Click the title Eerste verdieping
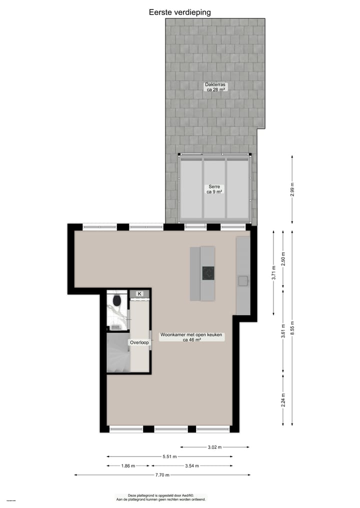(180, 12)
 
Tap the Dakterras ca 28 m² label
(216, 87)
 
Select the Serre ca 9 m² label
(214, 189)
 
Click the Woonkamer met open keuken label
(192, 337)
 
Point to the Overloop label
(139, 343)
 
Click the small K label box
(139, 294)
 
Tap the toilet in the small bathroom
(117, 300)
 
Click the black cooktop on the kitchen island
(208, 273)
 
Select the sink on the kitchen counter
(243, 281)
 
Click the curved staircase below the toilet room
(118, 354)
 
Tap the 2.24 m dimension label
(283, 400)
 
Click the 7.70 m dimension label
(162, 475)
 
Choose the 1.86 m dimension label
(128, 466)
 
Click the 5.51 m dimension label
(169, 456)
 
